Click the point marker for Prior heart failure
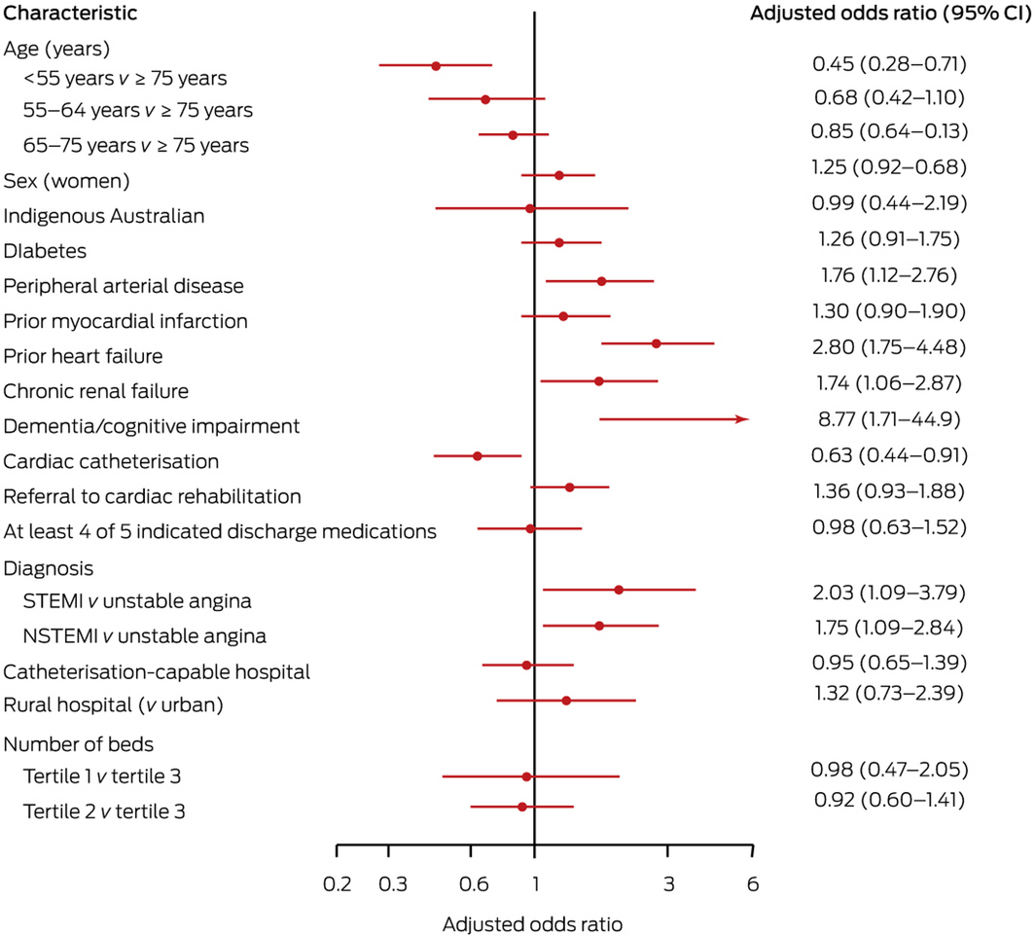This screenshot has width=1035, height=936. [656, 343]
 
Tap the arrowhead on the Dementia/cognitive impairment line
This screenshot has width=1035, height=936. [743, 419]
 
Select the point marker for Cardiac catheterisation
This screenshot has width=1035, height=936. [477, 455]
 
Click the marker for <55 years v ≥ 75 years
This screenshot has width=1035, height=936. [436, 65]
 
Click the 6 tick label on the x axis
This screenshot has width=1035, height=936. [752, 884]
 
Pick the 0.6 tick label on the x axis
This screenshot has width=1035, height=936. [472, 884]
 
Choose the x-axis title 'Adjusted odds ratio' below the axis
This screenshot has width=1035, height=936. [532, 922]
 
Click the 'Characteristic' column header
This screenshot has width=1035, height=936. [70, 14]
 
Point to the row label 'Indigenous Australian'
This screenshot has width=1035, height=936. [104, 216]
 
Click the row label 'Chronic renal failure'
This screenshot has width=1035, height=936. [96, 391]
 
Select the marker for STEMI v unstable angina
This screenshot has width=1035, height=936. [619, 590]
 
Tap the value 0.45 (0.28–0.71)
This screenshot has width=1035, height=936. [888, 64]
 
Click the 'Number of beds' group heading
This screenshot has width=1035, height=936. [79, 744]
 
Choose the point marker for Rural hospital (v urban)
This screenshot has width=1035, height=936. [566, 701]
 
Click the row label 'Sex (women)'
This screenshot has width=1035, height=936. [67, 181]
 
